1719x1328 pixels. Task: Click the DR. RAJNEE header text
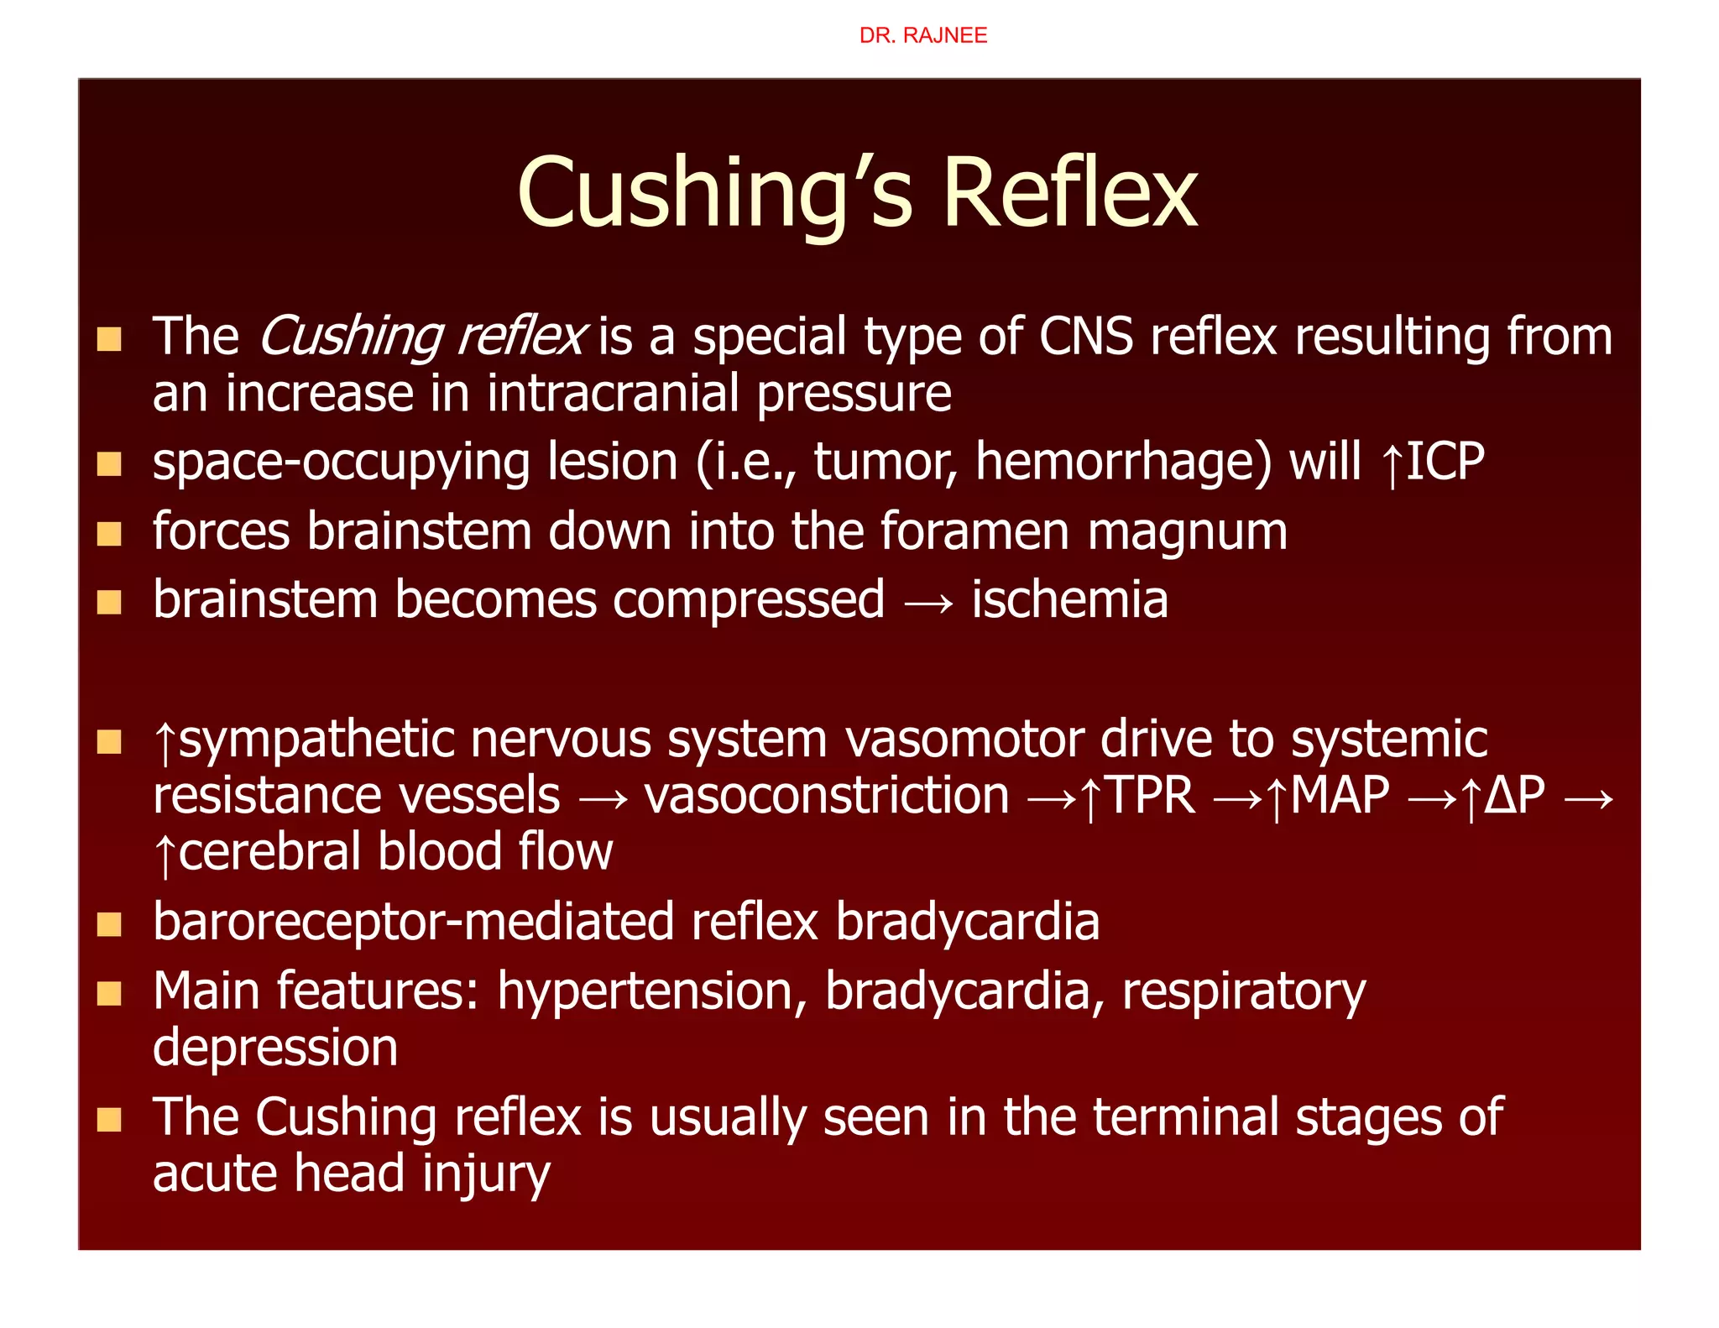coord(922,35)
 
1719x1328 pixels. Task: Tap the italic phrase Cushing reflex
coord(422,337)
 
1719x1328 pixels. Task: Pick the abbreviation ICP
coord(1445,462)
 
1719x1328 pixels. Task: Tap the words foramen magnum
coord(1084,531)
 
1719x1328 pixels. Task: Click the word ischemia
coord(1069,600)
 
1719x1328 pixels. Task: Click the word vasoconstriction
coord(827,795)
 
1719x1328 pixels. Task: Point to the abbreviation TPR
coord(1150,795)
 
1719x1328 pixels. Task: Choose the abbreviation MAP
coord(1340,795)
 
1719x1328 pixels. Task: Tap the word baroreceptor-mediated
coord(414,922)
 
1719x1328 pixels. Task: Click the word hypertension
coord(645,991)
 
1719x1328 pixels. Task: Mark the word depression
coord(275,1048)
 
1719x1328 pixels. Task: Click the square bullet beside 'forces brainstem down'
coord(109,534)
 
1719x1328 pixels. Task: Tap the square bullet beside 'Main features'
coord(109,994)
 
